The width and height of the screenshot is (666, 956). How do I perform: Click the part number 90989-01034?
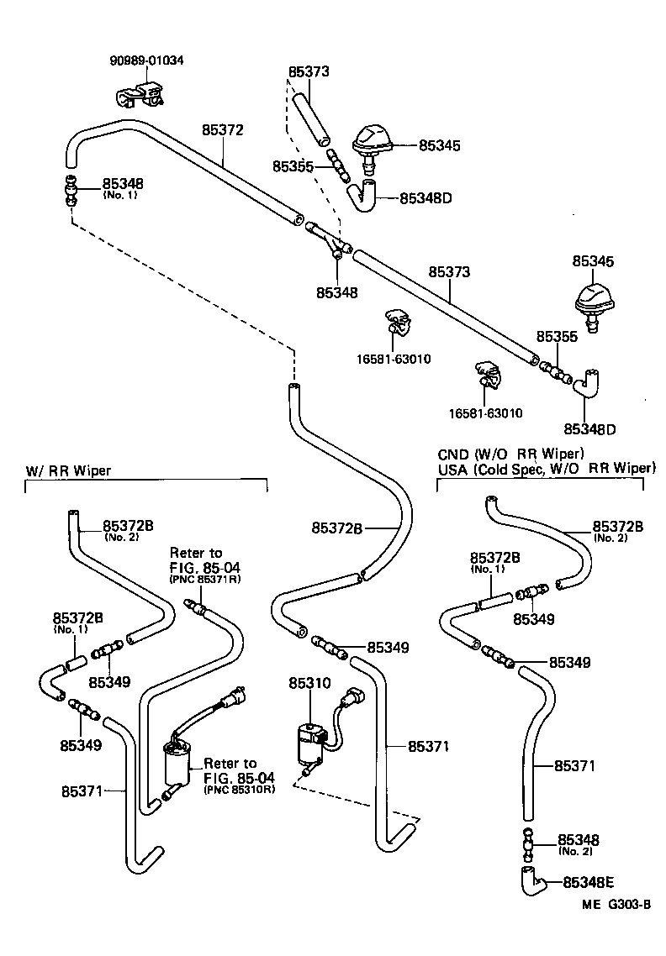[146, 60]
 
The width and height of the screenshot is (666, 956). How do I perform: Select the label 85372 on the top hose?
[222, 130]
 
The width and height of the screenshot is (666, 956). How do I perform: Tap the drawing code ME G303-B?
[616, 905]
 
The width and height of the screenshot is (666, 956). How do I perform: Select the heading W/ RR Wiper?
[63, 471]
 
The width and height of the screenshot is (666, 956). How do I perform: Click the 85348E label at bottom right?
[589, 882]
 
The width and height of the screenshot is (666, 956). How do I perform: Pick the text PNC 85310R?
[239, 791]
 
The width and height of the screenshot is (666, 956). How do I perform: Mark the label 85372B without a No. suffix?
[336, 528]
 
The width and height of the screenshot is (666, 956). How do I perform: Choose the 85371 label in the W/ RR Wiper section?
[82, 791]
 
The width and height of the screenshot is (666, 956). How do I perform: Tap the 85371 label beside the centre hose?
[430, 746]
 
